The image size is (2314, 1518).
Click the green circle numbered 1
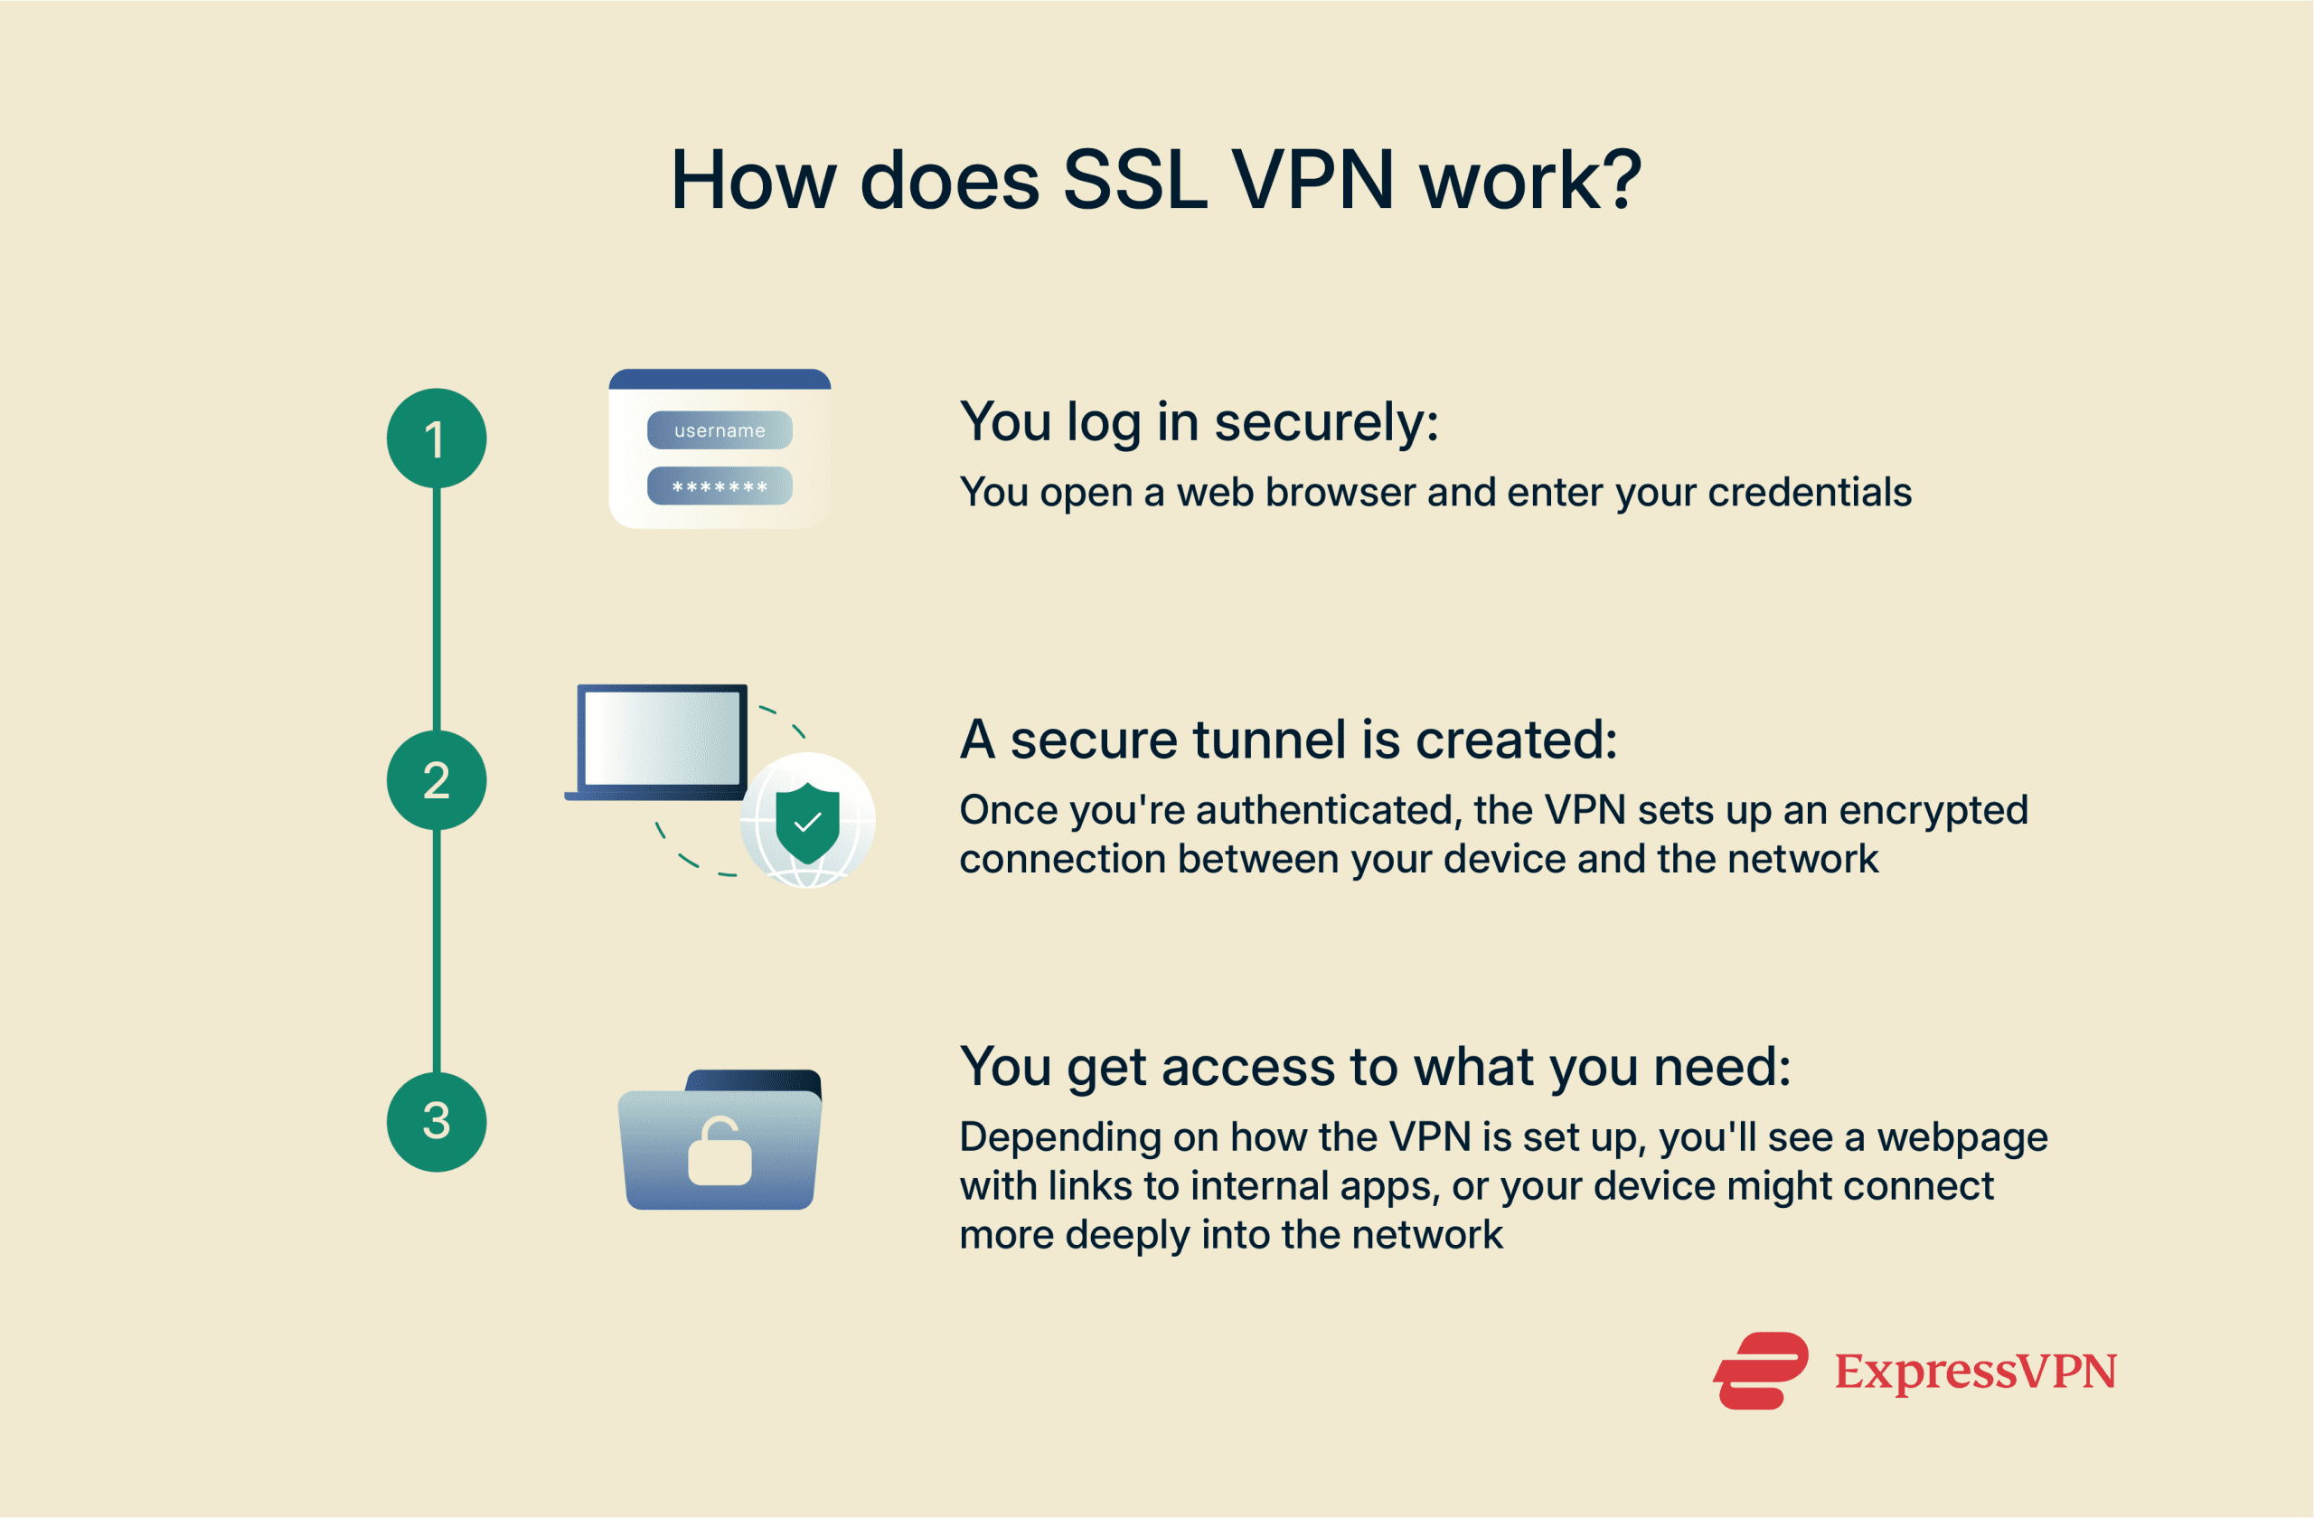click(x=437, y=438)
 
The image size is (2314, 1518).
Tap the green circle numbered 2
click(x=437, y=780)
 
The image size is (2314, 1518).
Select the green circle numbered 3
click(x=437, y=1121)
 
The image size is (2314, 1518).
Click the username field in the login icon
click(x=720, y=429)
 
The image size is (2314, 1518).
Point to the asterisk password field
click(x=720, y=486)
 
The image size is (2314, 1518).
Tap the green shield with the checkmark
click(x=807, y=823)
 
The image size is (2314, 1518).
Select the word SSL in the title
click(x=1134, y=181)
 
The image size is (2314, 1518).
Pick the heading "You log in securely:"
click(x=1199, y=423)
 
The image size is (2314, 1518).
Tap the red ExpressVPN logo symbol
click(x=1761, y=1372)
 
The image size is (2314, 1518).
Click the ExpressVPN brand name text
click(x=1975, y=1372)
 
